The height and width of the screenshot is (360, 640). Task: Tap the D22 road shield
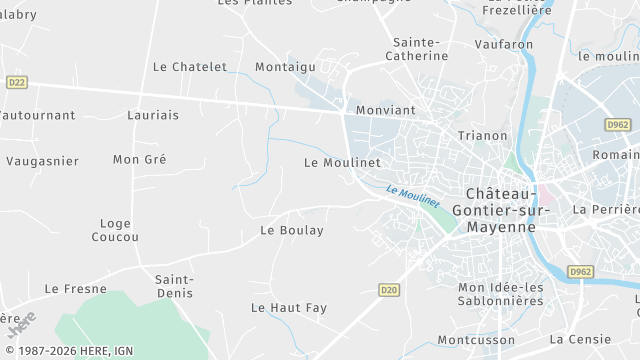tap(16, 82)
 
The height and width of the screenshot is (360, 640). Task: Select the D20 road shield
tap(390, 289)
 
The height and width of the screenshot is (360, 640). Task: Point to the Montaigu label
tap(285, 66)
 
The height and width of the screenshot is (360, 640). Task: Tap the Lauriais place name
tap(153, 115)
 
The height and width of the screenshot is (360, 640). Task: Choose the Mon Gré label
tap(139, 159)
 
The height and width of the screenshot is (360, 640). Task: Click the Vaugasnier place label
tap(42, 160)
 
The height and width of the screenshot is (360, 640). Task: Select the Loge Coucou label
tap(115, 230)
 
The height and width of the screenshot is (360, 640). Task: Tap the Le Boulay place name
tap(292, 230)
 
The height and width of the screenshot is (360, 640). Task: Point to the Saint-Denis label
tap(174, 286)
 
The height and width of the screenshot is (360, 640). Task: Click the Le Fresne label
tap(75, 288)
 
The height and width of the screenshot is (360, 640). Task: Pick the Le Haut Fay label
tap(289, 307)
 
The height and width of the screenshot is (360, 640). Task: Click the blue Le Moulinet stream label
tap(412, 194)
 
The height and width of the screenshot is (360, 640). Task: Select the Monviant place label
tap(385, 109)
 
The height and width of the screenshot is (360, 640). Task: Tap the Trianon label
tap(482, 135)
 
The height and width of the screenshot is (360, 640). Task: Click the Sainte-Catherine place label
tap(417, 49)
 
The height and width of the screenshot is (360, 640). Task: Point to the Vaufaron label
tap(504, 45)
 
